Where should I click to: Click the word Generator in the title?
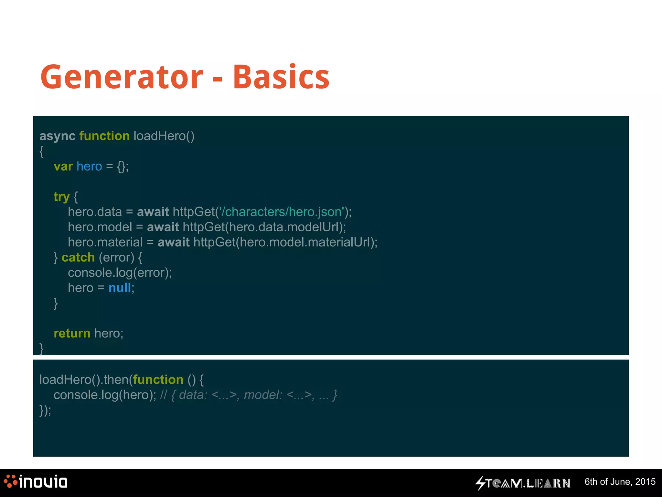tap(122, 77)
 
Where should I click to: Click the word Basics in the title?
tap(281, 77)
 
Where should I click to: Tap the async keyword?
tap(57, 136)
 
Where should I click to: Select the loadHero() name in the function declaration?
tap(164, 136)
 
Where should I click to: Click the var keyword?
tap(63, 166)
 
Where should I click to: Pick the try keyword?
tap(61, 197)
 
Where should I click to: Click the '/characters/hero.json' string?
tap(282, 212)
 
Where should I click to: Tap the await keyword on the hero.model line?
tap(163, 227)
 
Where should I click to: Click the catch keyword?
tap(78, 258)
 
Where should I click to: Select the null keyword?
tap(120, 288)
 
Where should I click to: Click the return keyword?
tap(72, 333)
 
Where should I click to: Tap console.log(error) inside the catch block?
tap(119, 273)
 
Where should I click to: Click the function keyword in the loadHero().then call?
tap(158, 380)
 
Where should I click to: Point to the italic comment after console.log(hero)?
tap(249, 395)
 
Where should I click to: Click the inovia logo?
tap(36, 482)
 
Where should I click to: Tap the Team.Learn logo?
tap(523, 483)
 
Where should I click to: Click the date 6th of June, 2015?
tap(620, 482)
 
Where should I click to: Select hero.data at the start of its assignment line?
tap(95, 212)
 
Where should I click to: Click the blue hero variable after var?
tap(89, 166)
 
